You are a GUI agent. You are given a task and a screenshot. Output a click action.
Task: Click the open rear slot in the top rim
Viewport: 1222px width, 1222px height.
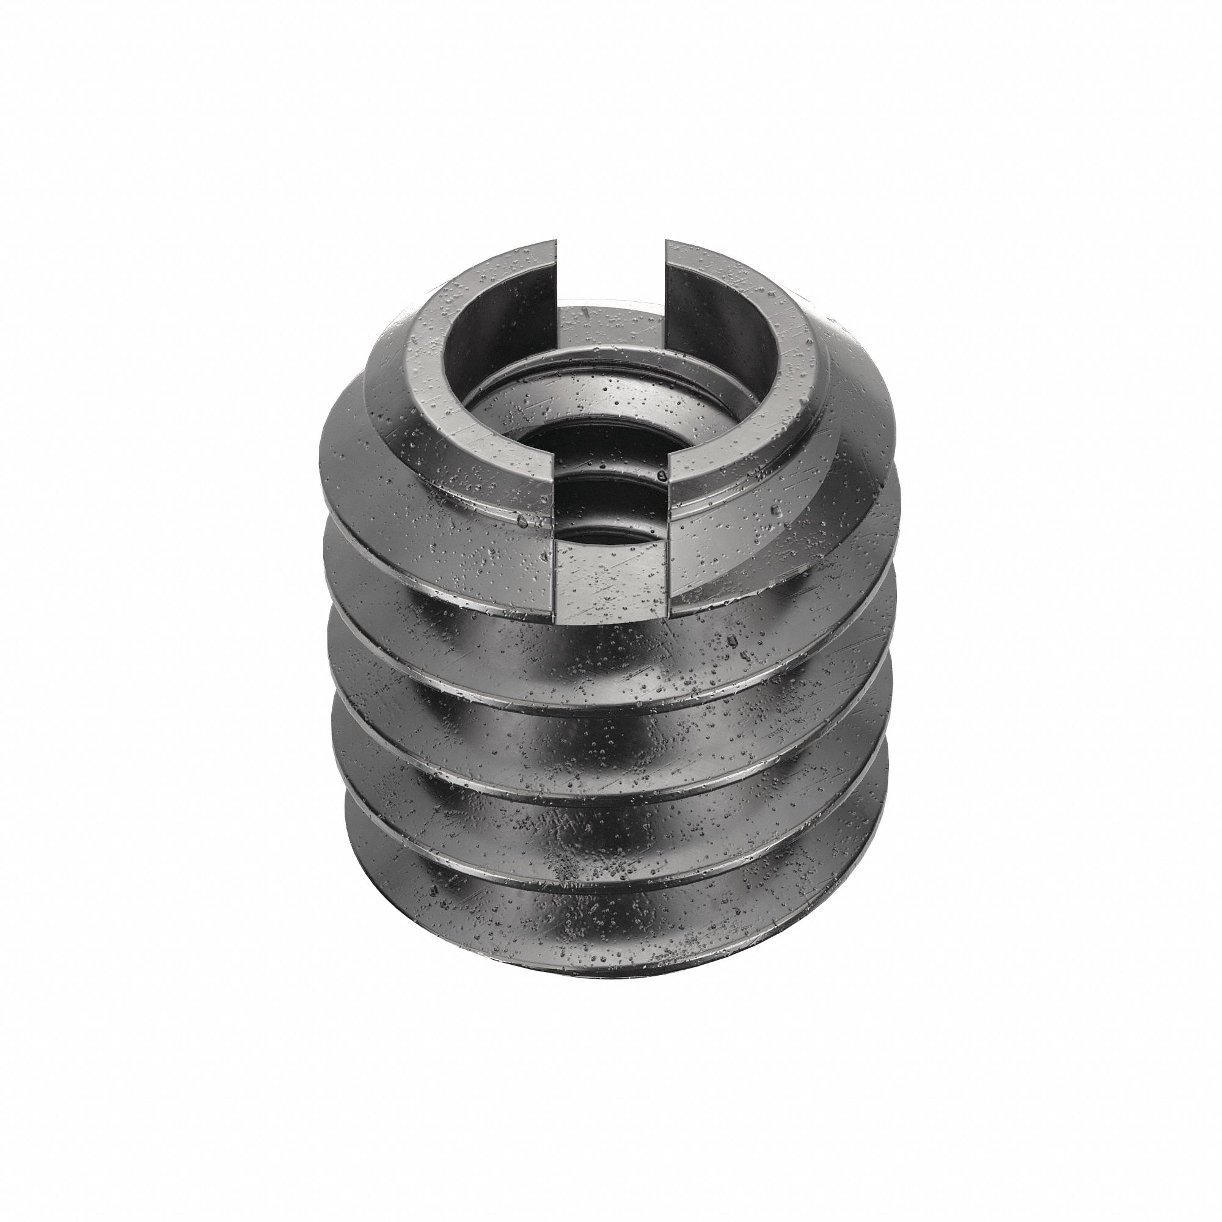[x=611, y=272]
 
